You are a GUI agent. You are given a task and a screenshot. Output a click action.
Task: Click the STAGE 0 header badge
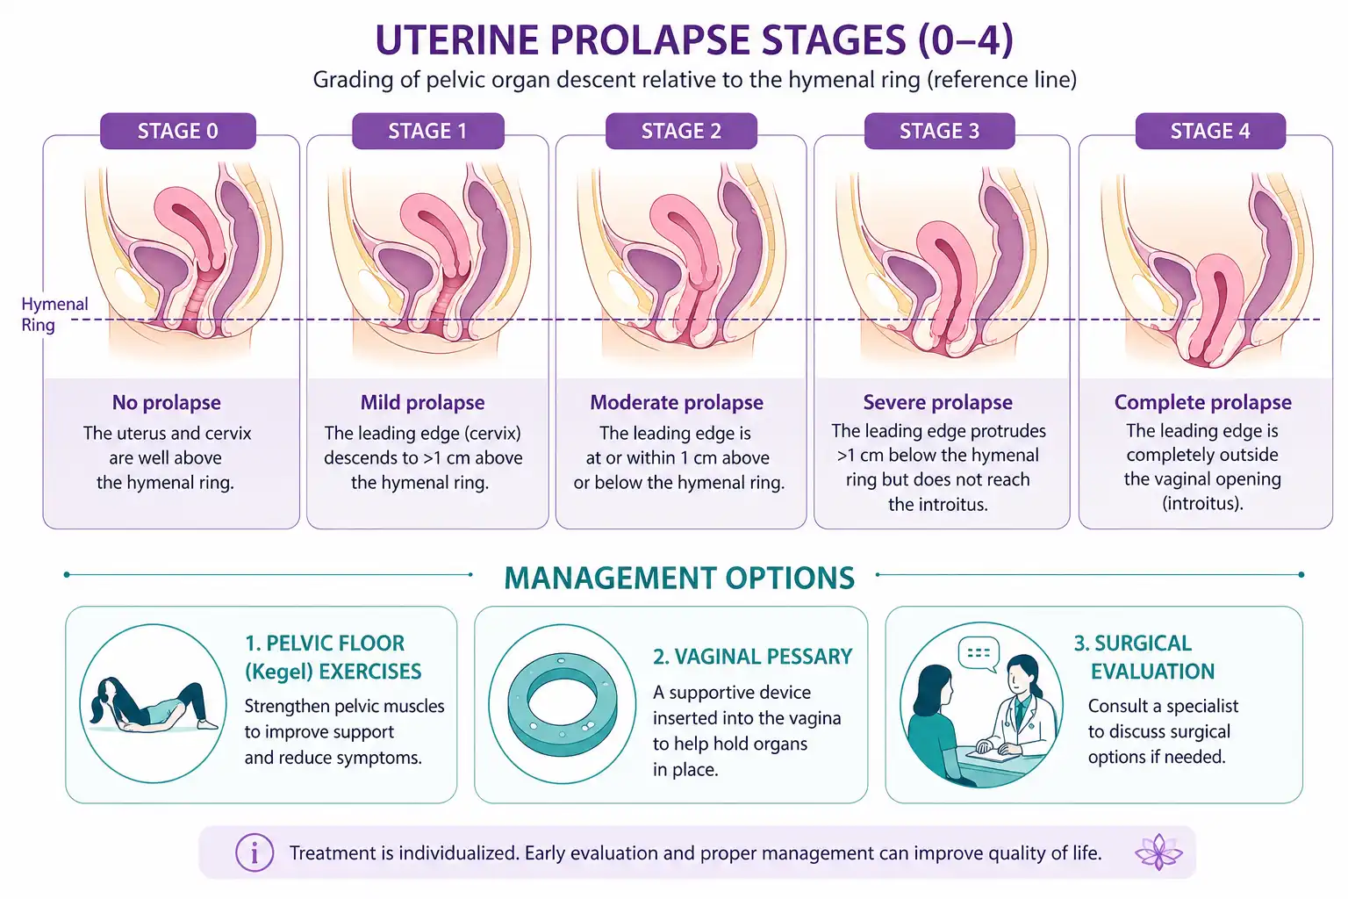click(178, 131)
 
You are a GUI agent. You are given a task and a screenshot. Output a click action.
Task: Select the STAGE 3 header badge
click(939, 131)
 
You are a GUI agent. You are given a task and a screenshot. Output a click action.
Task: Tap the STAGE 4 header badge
click(1210, 131)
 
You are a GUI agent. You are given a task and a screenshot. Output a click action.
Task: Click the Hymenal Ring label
click(54, 314)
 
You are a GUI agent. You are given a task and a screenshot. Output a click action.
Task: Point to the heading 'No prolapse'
click(167, 402)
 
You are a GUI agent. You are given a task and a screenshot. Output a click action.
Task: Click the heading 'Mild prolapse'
click(422, 402)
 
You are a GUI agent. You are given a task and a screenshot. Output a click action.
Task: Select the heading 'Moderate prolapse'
click(677, 402)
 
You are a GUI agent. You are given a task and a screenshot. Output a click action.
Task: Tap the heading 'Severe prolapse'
click(937, 402)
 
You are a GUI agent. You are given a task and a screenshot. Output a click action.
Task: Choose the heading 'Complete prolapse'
click(1203, 402)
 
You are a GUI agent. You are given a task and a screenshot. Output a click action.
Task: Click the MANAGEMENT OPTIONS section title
click(679, 578)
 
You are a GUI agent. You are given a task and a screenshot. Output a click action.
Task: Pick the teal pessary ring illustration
click(562, 704)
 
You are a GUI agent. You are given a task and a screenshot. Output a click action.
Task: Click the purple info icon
click(255, 852)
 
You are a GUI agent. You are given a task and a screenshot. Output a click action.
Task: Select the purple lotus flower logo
click(1158, 852)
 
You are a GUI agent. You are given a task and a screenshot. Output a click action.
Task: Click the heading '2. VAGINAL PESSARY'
click(753, 657)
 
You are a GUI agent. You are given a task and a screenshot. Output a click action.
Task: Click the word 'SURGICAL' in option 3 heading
click(1143, 644)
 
